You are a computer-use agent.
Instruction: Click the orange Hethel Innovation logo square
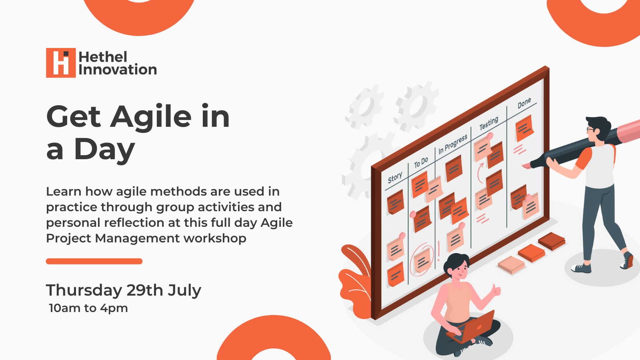point(61,62)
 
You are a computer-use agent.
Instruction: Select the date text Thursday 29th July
point(124,290)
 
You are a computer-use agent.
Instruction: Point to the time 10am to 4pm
point(88,308)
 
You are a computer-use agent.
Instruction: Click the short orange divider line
point(94,261)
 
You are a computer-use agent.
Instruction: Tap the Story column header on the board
point(395,178)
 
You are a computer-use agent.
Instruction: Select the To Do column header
point(421,162)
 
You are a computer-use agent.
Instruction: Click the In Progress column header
point(453,144)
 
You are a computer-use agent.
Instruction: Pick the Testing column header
point(488,123)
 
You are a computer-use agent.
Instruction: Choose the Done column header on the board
point(524,103)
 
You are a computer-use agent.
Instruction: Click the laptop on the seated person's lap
point(470,328)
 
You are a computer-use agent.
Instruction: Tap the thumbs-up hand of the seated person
point(496,291)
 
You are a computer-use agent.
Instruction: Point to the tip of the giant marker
point(522,166)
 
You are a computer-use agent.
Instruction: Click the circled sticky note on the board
point(422,260)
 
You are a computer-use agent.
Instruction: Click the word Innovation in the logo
point(118,70)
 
